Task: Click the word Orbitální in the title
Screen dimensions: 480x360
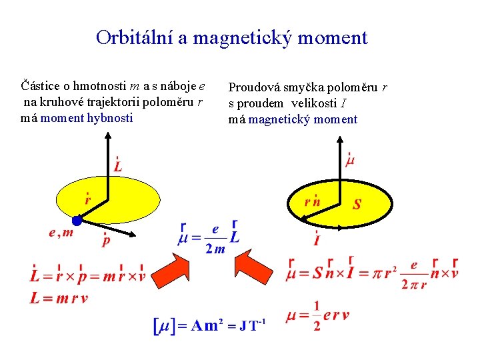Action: click(x=134, y=37)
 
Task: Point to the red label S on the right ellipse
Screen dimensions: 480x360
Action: click(x=357, y=205)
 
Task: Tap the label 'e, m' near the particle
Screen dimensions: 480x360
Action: click(x=61, y=233)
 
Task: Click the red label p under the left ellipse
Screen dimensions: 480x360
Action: click(x=105, y=241)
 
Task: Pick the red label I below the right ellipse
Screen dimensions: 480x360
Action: click(x=316, y=238)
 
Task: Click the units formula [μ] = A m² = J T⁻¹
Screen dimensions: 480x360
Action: click(x=210, y=326)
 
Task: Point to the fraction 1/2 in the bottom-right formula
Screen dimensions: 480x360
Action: click(x=316, y=316)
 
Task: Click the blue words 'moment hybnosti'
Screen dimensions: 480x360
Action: click(x=87, y=118)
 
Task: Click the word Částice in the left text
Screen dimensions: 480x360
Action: click(x=38, y=85)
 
